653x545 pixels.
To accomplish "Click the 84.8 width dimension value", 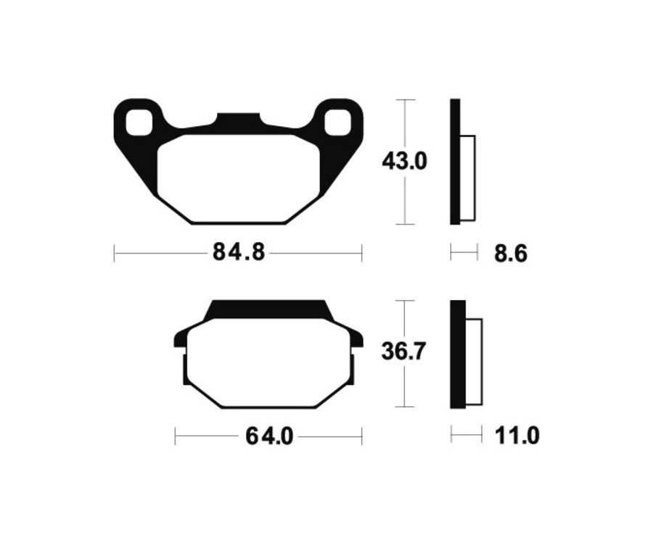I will (238, 253).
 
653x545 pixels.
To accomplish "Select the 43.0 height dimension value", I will (405, 161).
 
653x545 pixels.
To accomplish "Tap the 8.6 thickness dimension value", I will (510, 254).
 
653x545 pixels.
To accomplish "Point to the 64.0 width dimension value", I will (268, 436).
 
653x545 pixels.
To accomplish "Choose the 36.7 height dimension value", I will (404, 353).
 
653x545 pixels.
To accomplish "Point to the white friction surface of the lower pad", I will (268, 362).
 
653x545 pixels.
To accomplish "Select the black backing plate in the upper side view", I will (455, 161).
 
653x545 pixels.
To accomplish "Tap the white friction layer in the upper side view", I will (468, 178).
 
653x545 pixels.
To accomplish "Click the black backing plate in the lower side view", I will (457, 354).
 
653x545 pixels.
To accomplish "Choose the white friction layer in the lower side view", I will (473, 362).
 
